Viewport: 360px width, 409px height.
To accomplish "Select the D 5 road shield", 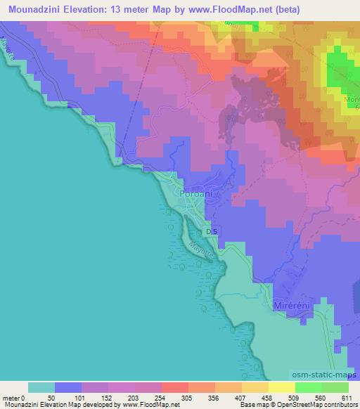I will coord(212,231).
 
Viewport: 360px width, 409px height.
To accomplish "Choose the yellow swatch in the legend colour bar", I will coord(281,387).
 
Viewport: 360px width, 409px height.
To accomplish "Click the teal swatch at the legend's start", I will coord(41,387).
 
